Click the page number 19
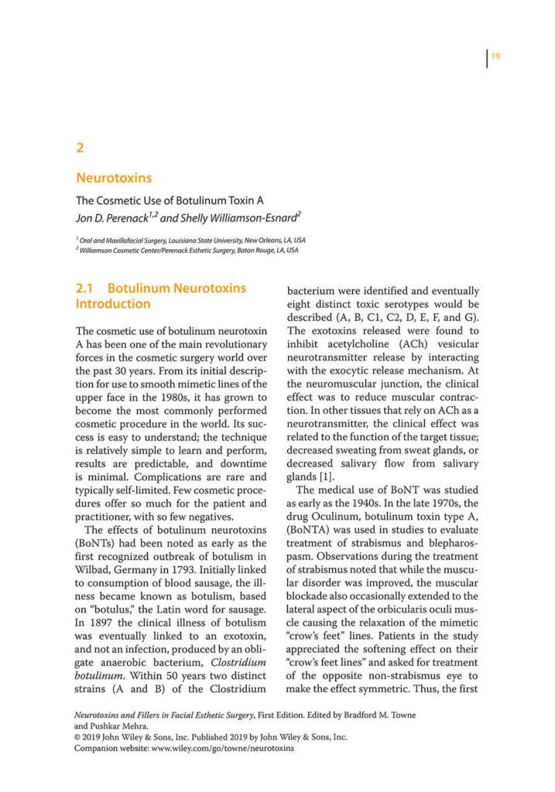click(x=495, y=55)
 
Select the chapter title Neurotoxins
click(x=113, y=179)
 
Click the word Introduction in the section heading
click(x=112, y=304)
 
